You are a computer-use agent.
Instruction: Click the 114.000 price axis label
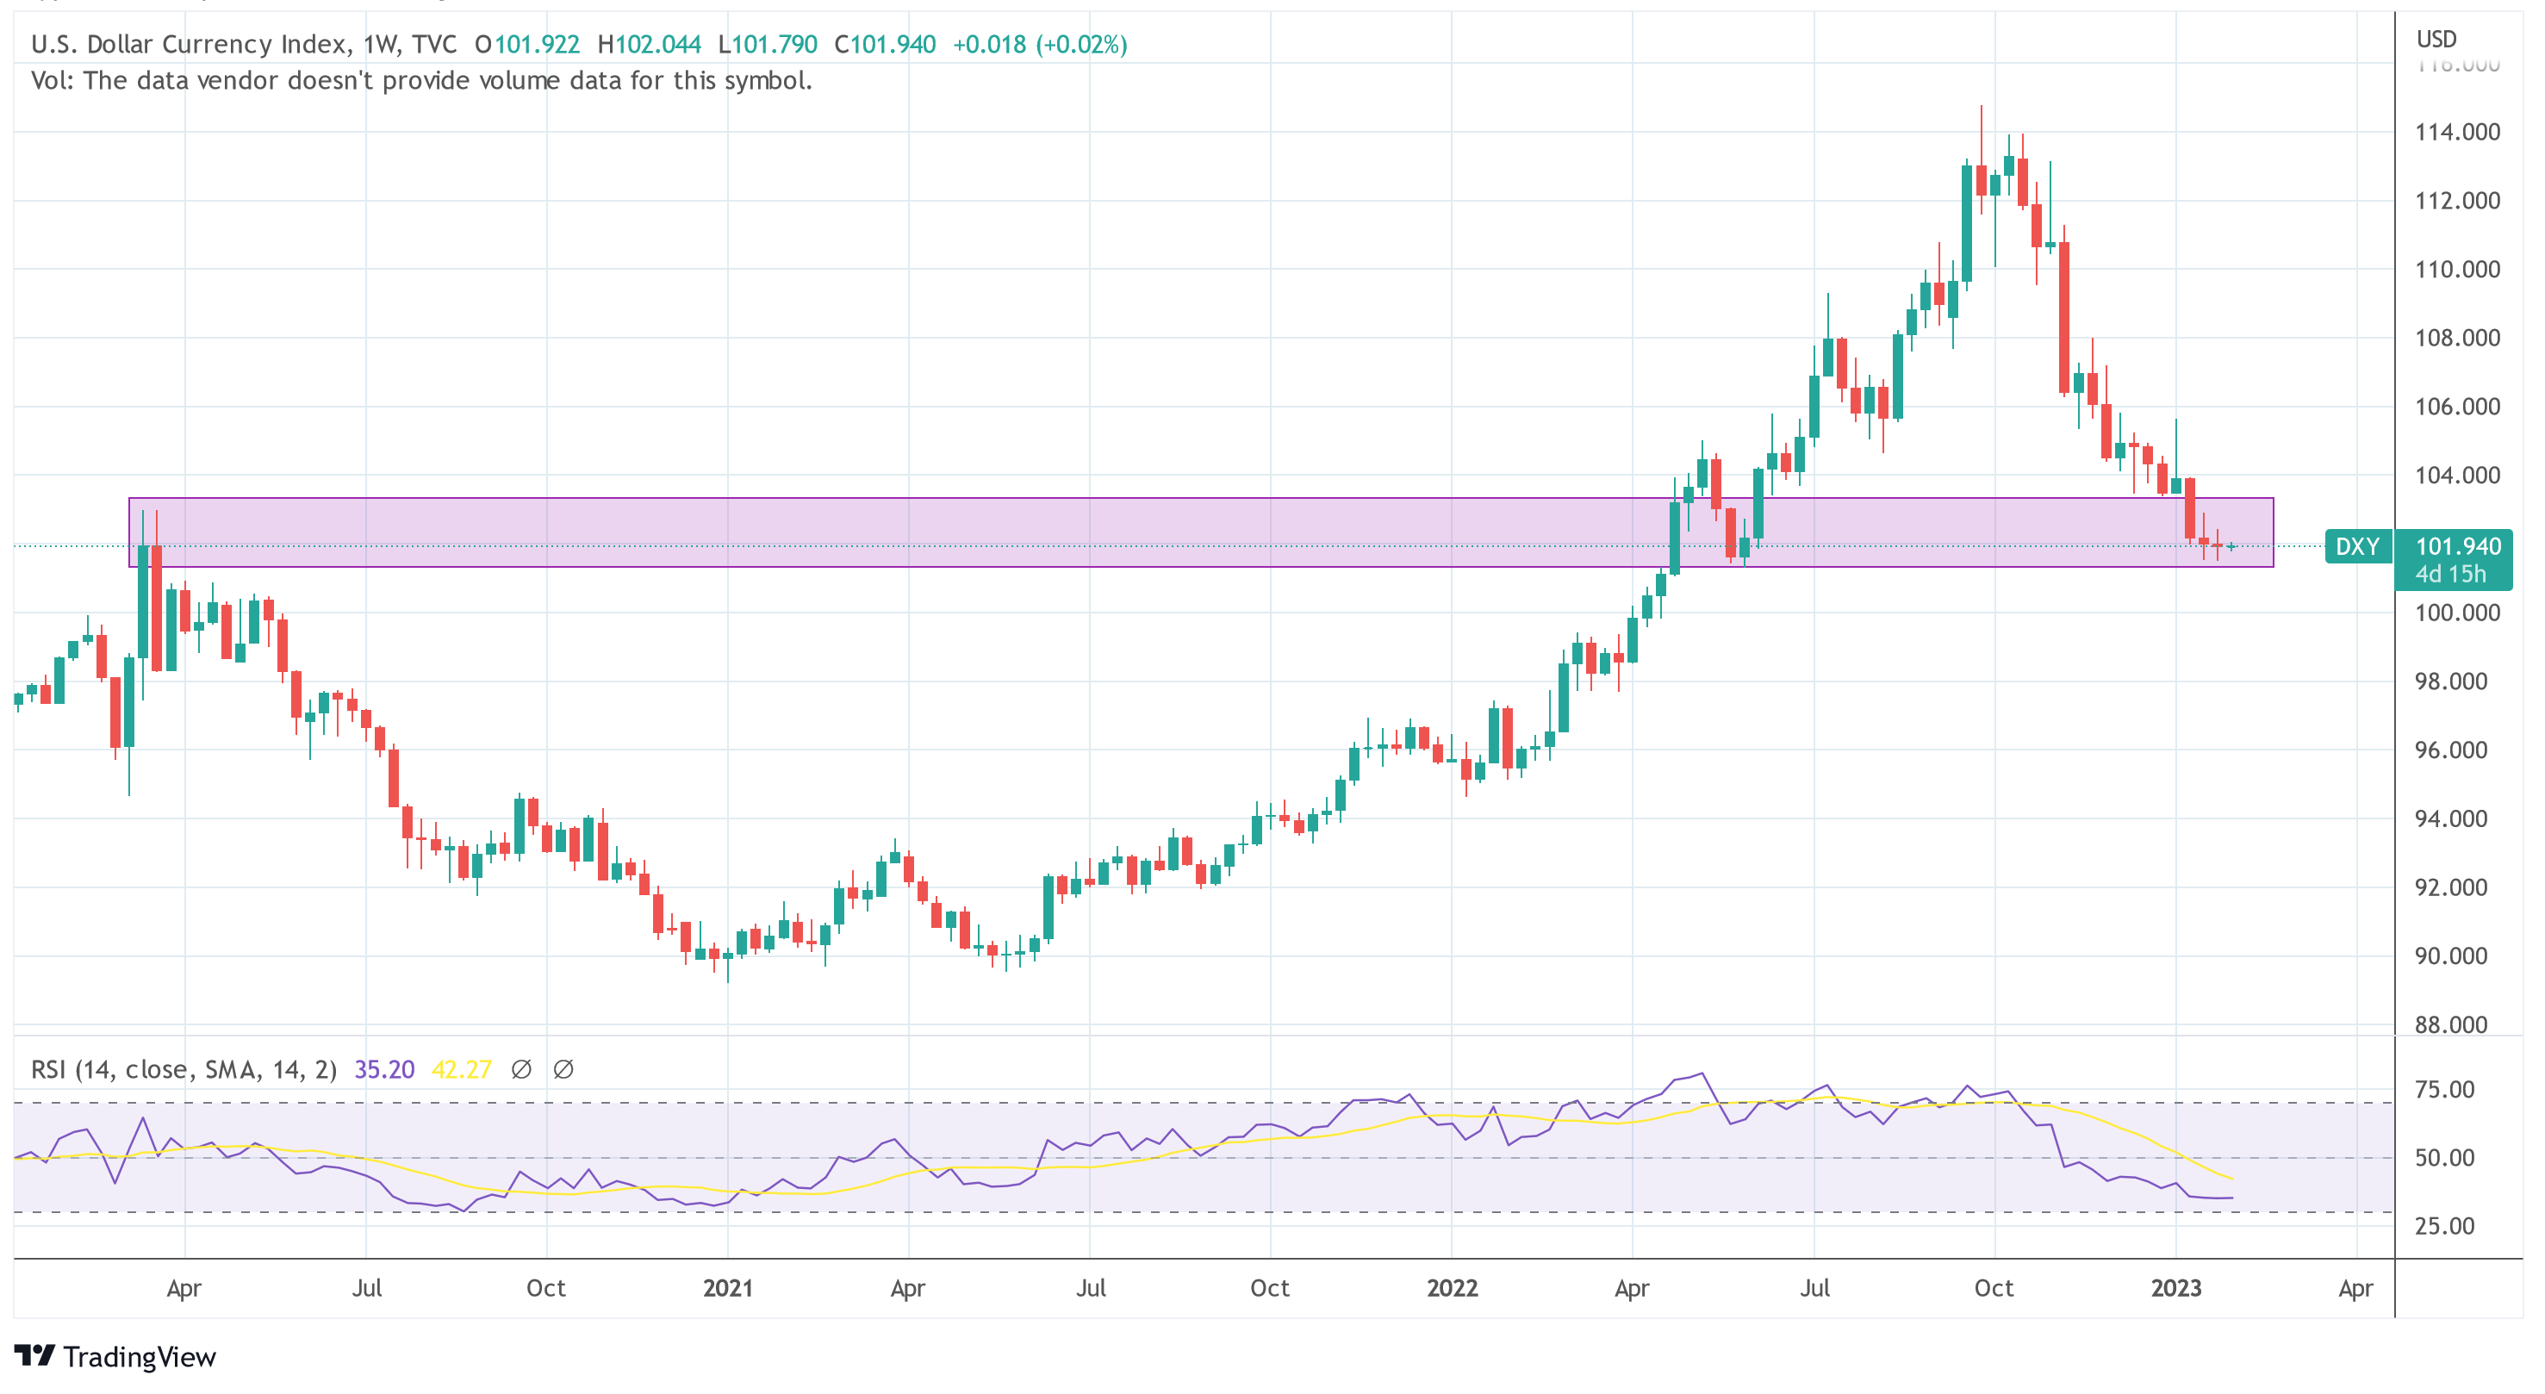point(2456,132)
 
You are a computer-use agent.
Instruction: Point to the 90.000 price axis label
point(2450,955)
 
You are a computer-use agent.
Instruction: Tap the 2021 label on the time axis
point(727,1288)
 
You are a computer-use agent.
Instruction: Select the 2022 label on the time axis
point(1452,1288)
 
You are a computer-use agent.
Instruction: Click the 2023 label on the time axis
point(2175,1288)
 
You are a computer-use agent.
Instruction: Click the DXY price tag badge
point(2357,546)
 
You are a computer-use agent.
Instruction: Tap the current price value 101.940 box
point(2457,546)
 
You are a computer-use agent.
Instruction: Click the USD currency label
point(2436,40)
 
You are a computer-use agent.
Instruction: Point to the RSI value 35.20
point(383,1070)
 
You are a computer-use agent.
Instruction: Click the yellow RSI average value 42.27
point(462,1070)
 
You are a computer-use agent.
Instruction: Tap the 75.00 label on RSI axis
point(2444,1090)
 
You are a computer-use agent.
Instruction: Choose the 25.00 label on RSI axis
point(2444,1226)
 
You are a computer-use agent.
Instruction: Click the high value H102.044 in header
point(649,45)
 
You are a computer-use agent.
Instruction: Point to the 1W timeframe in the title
point(380,45)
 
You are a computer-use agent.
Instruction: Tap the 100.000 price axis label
point(2456,613)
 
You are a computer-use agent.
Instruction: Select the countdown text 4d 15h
point(2450,574)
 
